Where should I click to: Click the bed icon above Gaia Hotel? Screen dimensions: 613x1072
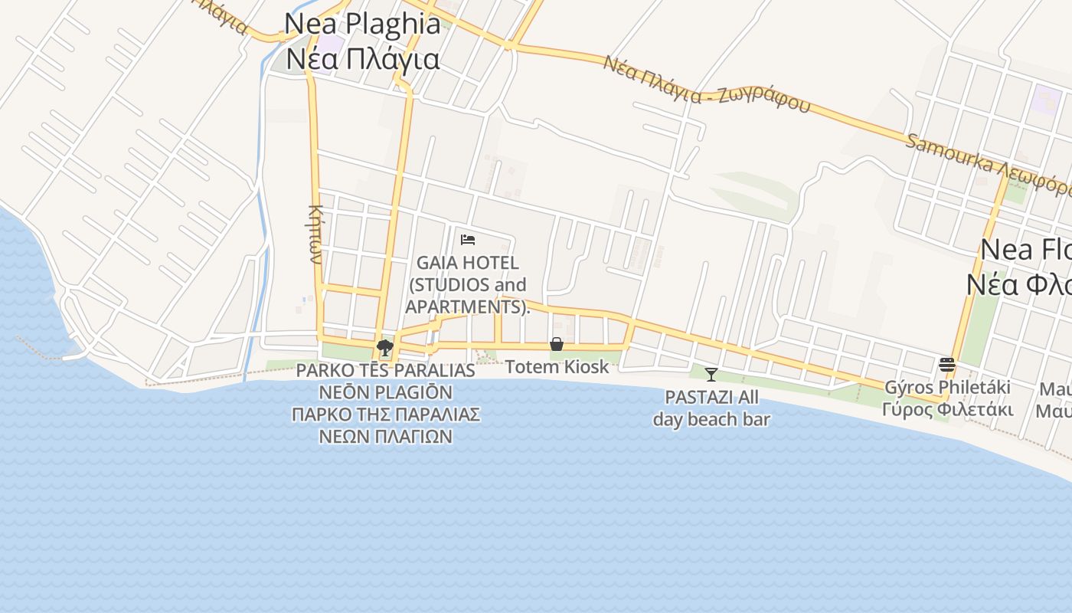coord(467,240)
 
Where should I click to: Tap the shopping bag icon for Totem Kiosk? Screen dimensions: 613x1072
coord(557,344)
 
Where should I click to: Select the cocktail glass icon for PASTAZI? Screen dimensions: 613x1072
coord(711,374)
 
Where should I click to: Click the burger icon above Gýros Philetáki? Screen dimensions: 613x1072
coord(947,364)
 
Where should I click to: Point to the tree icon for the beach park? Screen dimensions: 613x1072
coord(385,349)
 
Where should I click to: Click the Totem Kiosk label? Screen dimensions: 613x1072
coord(557,367)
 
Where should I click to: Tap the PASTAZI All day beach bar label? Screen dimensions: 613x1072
coord(711,408)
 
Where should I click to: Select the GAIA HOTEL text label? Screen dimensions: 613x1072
coord(468,263)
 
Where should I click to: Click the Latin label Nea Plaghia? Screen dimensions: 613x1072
coord(362,24)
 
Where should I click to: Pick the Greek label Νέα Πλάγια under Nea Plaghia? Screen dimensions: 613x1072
coord(363,59)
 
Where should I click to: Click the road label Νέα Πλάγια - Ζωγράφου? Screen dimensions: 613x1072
coord(705,84)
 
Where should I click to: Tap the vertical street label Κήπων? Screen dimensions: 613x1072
coord(315,234)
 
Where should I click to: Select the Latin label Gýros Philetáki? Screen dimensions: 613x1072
coord(947,387)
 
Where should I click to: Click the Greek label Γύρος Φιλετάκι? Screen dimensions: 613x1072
coord(947,409)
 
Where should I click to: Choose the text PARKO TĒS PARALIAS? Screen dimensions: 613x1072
coord(385,371)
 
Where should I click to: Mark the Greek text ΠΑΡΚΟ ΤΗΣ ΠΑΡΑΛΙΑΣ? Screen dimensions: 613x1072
coord(385,415)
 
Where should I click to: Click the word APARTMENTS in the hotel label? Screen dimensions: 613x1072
coord(464,306)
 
